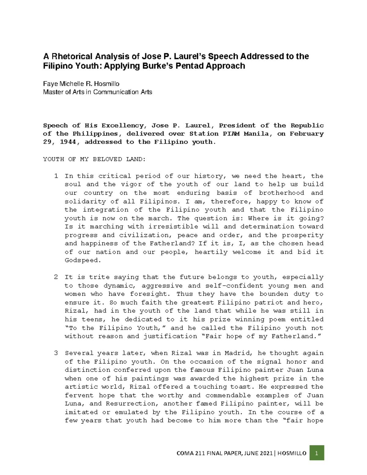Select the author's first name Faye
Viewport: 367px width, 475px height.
click(x=50, y=83)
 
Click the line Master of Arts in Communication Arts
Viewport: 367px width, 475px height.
click(x=98, y=92)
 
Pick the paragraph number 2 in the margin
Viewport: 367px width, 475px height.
click(x=56, y=277)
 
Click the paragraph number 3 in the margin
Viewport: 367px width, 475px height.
click(x=56, y=353)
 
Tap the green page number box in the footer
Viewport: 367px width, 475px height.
click(x=317, y=453)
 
